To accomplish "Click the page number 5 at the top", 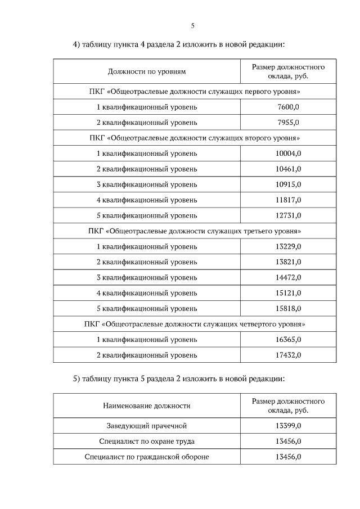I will coord(192,25).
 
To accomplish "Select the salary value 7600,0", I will coord(289,107).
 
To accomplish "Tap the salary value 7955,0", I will coord(289,122).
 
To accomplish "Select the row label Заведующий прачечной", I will coord(146,425).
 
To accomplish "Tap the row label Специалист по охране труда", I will coord(146,441).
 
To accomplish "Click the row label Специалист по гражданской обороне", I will coord(146,457).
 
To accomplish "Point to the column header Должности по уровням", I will coord(146,71).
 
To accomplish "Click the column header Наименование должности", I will coord(146,406).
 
